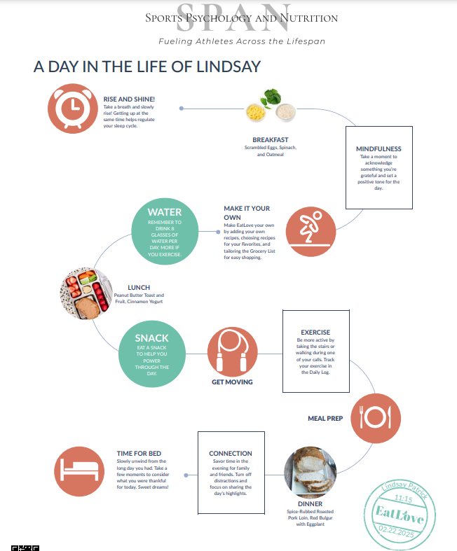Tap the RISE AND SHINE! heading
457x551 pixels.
pos(130,99)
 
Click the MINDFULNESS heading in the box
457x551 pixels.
pos(378,149)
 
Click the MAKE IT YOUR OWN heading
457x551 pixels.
pos(247,213)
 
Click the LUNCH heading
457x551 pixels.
pos(139,288)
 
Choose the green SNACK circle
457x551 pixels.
pos(152,354)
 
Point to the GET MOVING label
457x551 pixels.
pos(232,382)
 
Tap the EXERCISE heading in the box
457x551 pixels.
pos(315,332)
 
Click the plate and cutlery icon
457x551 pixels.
pos(375,418)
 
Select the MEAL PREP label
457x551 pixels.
pos(325,419)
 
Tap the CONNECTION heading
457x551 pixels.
pos(231,454)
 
